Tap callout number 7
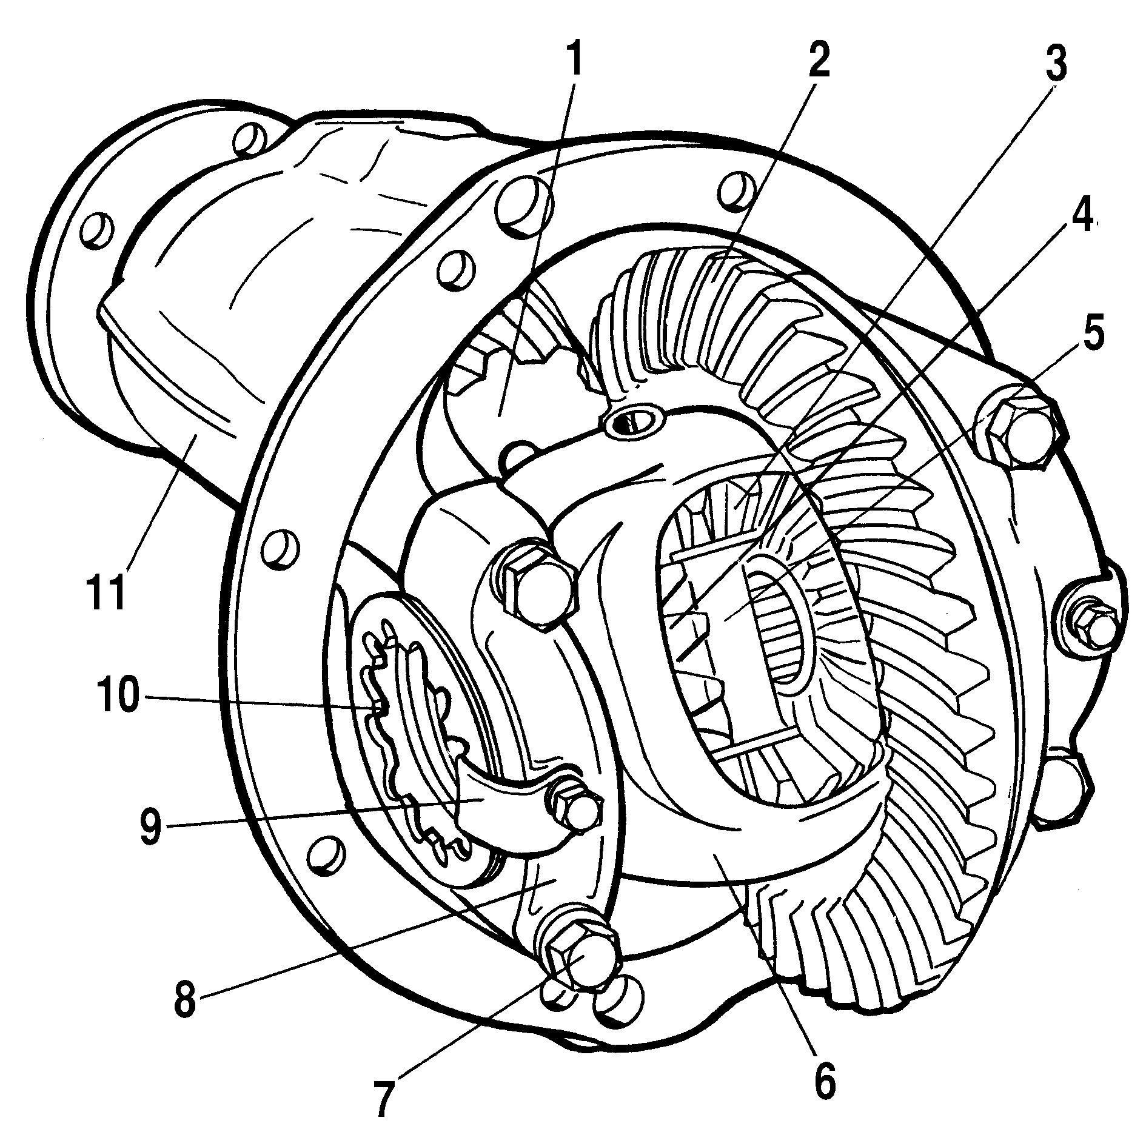tap(383, 1097)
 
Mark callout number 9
tap(150, 826)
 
